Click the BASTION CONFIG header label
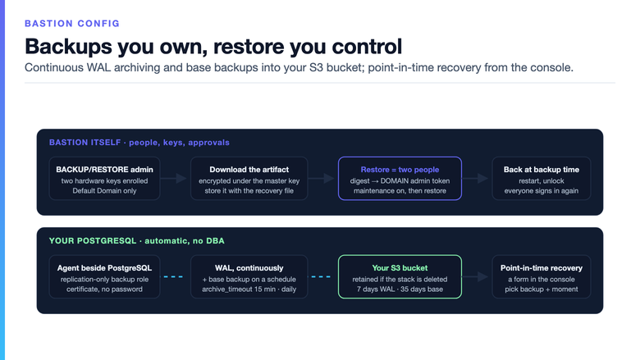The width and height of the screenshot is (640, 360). (x=72, y=24)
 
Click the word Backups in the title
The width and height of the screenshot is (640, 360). (x=68, y=47)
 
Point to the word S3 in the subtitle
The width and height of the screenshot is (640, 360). (x=317, y=67)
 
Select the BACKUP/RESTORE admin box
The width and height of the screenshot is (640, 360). (x=104, y=179)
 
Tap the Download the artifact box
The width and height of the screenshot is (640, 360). (x=249, y=179)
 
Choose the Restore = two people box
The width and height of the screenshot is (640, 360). (x=400, y=179)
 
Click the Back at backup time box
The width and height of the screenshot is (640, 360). (x=542, y=179)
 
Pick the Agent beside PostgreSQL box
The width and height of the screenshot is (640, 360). (x=104, y=277)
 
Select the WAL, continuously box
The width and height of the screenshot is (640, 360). (x=249, y=277)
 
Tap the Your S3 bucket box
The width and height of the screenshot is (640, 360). (x=400, y=277)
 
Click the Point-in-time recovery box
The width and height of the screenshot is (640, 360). (x=542, y=277)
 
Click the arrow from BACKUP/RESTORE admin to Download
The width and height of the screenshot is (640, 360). (x=173, y=178)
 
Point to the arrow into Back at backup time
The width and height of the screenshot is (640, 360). (x=476, y=178)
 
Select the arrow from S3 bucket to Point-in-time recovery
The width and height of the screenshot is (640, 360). (x=476, y=277)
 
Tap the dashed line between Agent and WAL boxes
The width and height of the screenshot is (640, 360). (x=173, y=277)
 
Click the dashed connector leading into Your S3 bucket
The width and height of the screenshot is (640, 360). (x=321, y=277)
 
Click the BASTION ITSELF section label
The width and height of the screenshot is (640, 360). (x=139, y=143)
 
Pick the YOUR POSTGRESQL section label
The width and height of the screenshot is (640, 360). (x=137, y=241)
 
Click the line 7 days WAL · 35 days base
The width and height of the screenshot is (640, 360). (x=400, y=289)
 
